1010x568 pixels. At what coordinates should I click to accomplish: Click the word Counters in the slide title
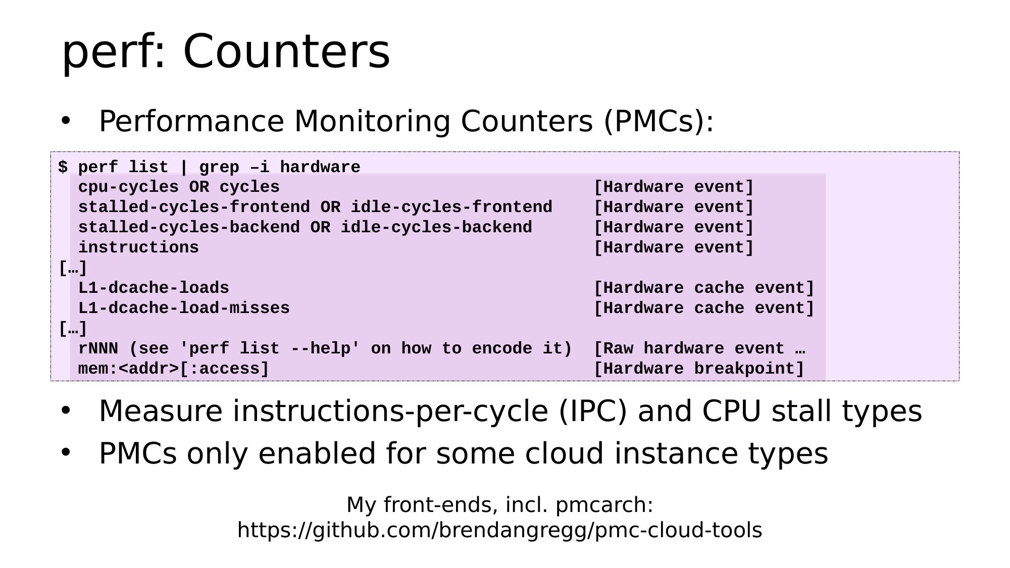point(287,51)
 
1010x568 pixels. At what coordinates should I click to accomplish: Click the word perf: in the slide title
point(114,53)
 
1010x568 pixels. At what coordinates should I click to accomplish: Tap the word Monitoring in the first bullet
point(372,122)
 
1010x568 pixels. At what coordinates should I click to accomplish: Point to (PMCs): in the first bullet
point(659,122)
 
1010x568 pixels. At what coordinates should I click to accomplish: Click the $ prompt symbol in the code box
point(63,167)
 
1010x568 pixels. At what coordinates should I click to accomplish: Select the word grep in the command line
point(219,168)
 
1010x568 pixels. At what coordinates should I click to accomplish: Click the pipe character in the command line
point(184,167)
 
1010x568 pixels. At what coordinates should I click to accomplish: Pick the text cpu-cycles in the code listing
point(128,187)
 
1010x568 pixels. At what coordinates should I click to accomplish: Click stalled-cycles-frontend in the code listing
point(194,208)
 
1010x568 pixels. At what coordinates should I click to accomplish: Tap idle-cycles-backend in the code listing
point(436,228)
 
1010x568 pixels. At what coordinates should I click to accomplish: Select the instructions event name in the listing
point(138,248)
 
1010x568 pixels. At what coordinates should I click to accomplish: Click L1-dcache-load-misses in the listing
point(184,308)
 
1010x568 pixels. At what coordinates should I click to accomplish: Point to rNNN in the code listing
point(98,348)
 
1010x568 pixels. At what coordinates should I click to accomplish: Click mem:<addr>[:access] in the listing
point(174,369)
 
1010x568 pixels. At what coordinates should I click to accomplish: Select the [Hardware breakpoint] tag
point(699,369)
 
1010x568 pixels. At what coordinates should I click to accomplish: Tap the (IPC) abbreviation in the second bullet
point(593,411)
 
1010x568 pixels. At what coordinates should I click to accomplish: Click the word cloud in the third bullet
point(565,453)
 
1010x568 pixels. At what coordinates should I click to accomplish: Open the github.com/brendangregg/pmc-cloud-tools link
point(499,531)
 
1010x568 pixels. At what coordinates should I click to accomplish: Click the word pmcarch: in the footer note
point(604,505)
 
